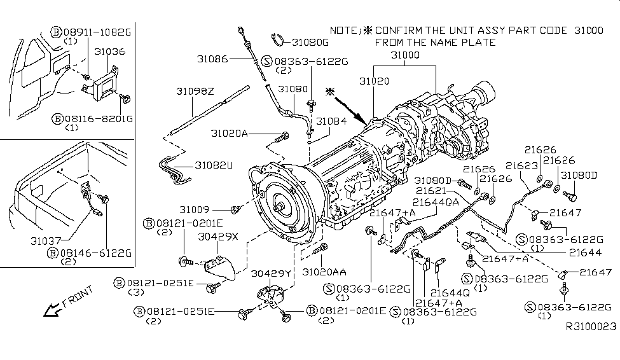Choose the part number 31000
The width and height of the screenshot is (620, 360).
(404, 56)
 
